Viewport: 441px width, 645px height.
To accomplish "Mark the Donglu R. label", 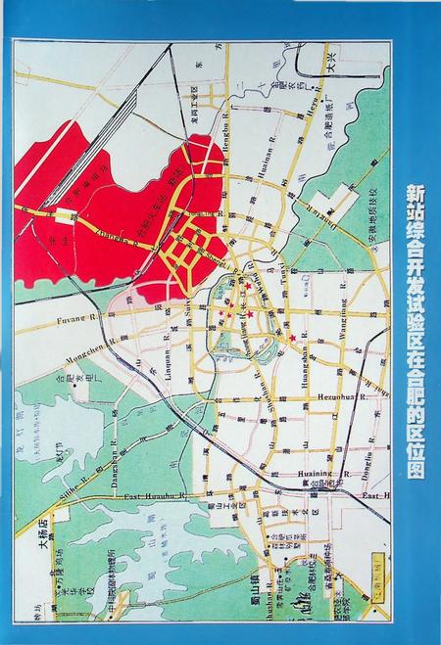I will pos(363,464).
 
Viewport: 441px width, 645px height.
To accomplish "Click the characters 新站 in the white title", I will pos(419,201).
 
